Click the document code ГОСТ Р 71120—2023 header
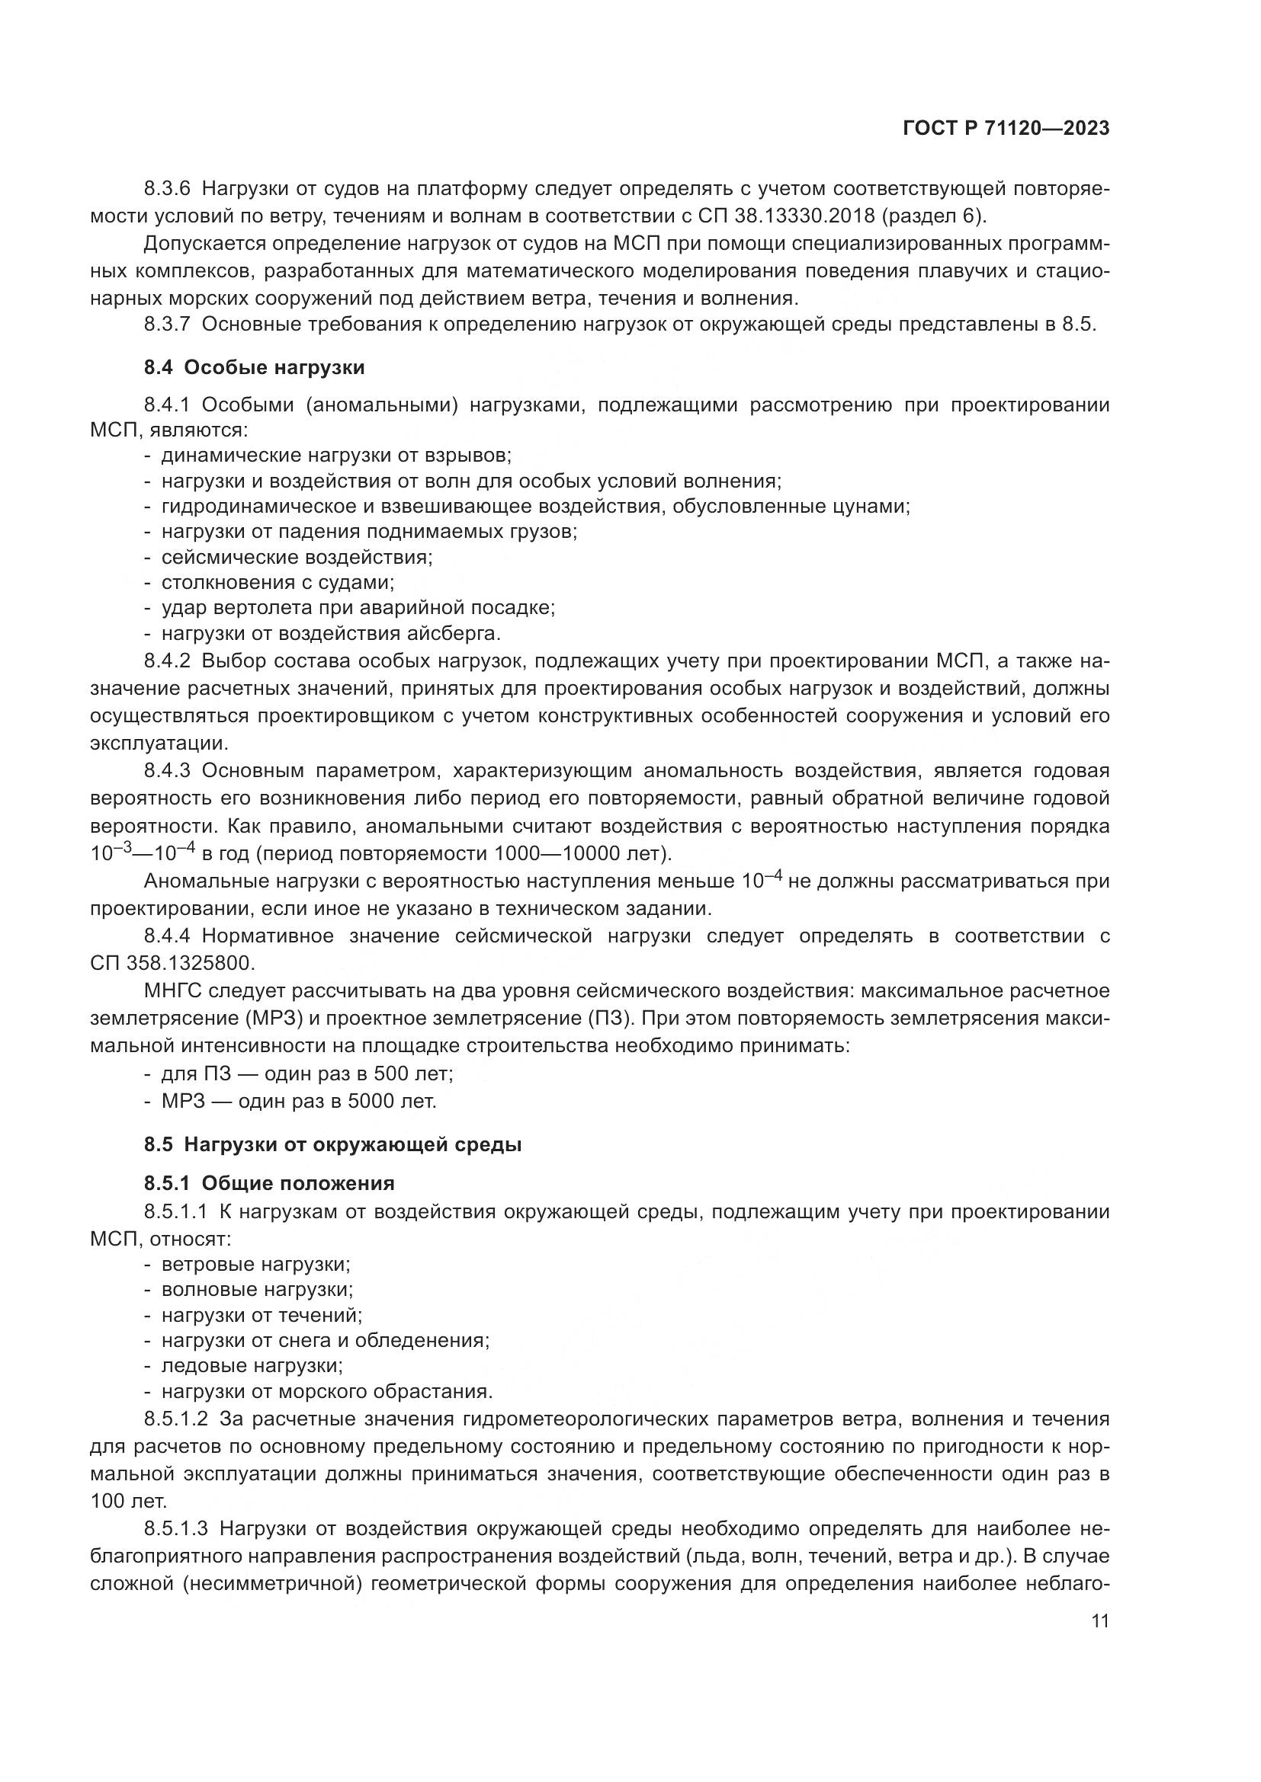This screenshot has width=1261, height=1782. pos(1006,129)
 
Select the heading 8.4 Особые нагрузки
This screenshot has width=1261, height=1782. pos(254,367)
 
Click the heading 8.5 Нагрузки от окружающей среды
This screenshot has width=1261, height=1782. pos(332,1145)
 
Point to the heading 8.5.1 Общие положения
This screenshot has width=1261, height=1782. pos(268,1183)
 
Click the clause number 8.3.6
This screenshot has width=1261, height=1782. pos(167,189)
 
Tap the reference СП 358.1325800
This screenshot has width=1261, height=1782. pos(172,963)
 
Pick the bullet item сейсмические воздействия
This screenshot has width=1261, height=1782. pos(297,557)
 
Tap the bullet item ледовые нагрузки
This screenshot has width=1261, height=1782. pos(252,1364)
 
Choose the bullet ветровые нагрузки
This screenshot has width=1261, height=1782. pos(255,1263)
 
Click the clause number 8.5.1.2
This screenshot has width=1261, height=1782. pos(175,1419)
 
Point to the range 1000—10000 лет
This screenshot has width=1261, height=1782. pos(578,855)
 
